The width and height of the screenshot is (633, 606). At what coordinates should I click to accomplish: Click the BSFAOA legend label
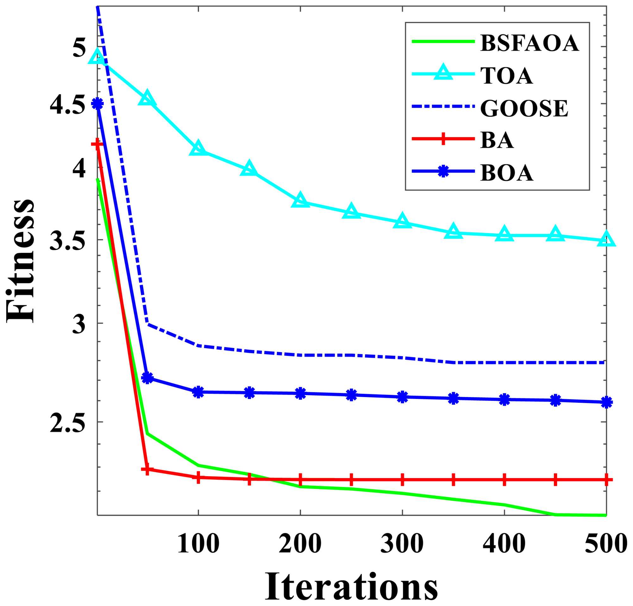pyautogui.click(x=529, y=43)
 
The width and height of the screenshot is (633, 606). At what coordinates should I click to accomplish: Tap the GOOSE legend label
pyautogui.click(x=524, y=109)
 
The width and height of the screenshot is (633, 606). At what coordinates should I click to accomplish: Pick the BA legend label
pyautogui.click(x=497, y=141)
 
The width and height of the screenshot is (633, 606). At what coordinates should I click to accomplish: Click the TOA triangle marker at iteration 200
pyautogui.click(x=300, y=200)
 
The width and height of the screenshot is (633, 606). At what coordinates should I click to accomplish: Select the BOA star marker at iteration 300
pyautogui.click(x=402, y=397)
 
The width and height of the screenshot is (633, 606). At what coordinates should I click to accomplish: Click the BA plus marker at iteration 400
pyautogui.click(x=505, y=480)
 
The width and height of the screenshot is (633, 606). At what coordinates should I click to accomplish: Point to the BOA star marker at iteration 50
pyautogui.click(x=147, y=378)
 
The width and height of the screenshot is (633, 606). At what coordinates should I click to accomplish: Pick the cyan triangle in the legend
pyautogui.click(x=443, y=73)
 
